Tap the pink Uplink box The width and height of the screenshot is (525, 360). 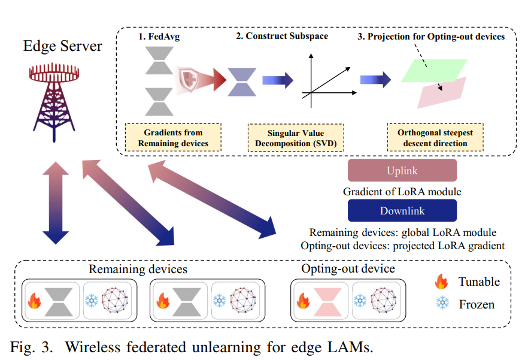click(402, 171)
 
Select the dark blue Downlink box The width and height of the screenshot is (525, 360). click(402, 211)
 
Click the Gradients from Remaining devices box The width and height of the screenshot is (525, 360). click(173, 138)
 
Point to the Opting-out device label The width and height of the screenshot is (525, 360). click(348, 268)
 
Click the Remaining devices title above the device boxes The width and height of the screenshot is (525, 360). click(138, 269)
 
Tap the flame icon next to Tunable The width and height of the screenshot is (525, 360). click(442, 281)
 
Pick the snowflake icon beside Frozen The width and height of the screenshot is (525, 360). click(442, 304)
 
